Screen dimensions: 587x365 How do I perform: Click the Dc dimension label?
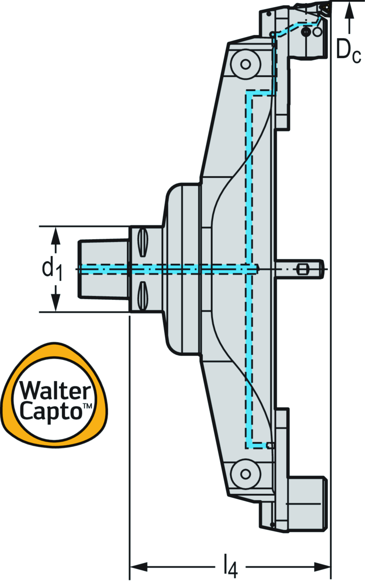pos(348,50)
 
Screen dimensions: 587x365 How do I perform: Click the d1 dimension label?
pos(52,269)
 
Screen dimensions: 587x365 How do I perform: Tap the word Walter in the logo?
pos(56,391)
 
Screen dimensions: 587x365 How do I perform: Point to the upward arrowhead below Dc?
pos(349,11)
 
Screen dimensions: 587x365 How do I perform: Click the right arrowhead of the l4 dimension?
pos(322,566)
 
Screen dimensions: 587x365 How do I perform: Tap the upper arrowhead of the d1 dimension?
pos(55,236)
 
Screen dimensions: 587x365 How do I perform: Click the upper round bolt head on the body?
pos(245,64)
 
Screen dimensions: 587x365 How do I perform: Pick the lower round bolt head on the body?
pos(245,474)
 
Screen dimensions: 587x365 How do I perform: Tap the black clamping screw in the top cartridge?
pos(306,32)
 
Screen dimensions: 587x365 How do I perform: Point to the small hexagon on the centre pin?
pos(302,269)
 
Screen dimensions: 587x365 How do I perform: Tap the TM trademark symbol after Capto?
pos(87,406)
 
